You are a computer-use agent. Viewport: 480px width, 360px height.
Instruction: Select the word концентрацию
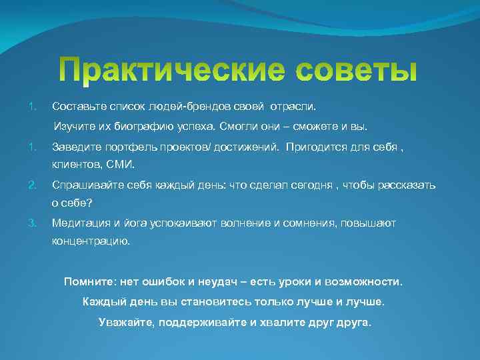point(91,242)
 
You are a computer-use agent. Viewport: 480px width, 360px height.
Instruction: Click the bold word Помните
point(89,281)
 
